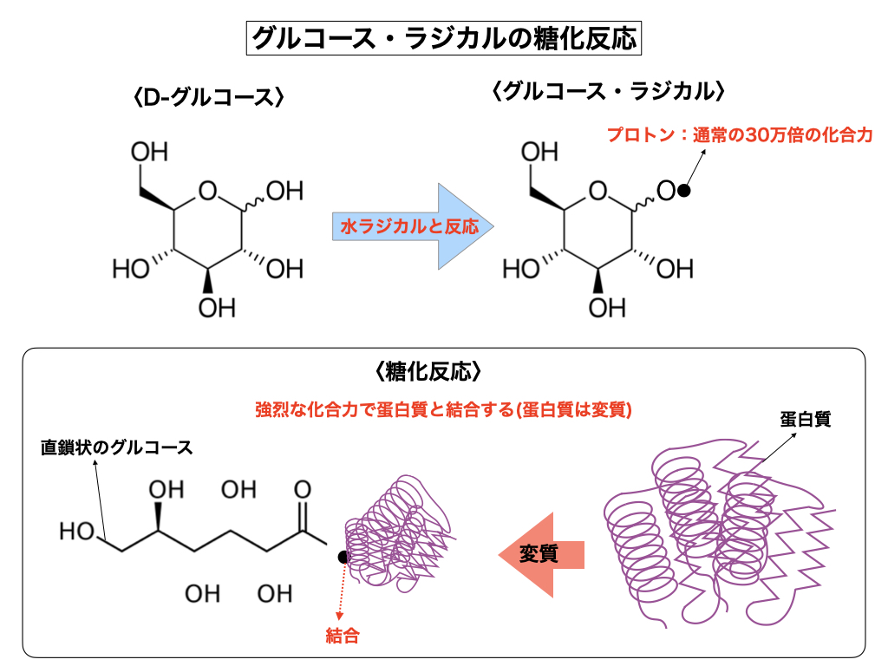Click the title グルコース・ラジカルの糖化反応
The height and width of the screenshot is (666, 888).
(443, 38)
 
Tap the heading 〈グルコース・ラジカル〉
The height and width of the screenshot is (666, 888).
(607, 90)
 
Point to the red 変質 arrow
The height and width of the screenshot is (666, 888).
(541, 553)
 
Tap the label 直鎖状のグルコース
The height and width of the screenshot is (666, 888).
(116, 447)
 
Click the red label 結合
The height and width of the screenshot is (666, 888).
(342, 635)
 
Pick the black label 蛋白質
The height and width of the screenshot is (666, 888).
(806, 419)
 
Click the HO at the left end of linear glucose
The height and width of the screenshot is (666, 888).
(77, 531)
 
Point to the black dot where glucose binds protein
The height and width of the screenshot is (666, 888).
(344, 557)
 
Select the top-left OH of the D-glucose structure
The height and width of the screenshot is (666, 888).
(149, 153)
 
